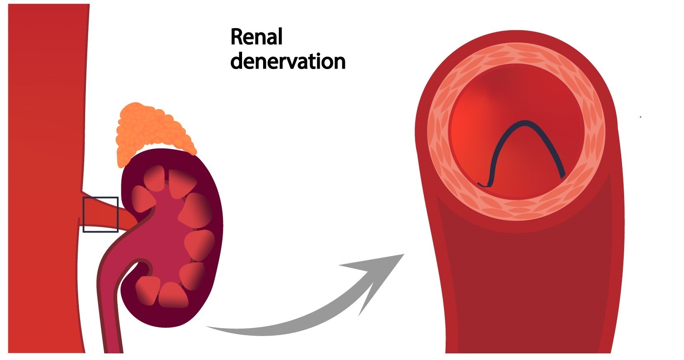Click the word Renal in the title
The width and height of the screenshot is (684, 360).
point(256,37)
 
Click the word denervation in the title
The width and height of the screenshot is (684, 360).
point(287,62)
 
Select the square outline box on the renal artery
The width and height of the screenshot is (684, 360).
point(101,215)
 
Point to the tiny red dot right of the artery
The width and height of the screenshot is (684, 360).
point(640,117)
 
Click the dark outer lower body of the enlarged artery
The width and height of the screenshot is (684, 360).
point(525,289)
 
